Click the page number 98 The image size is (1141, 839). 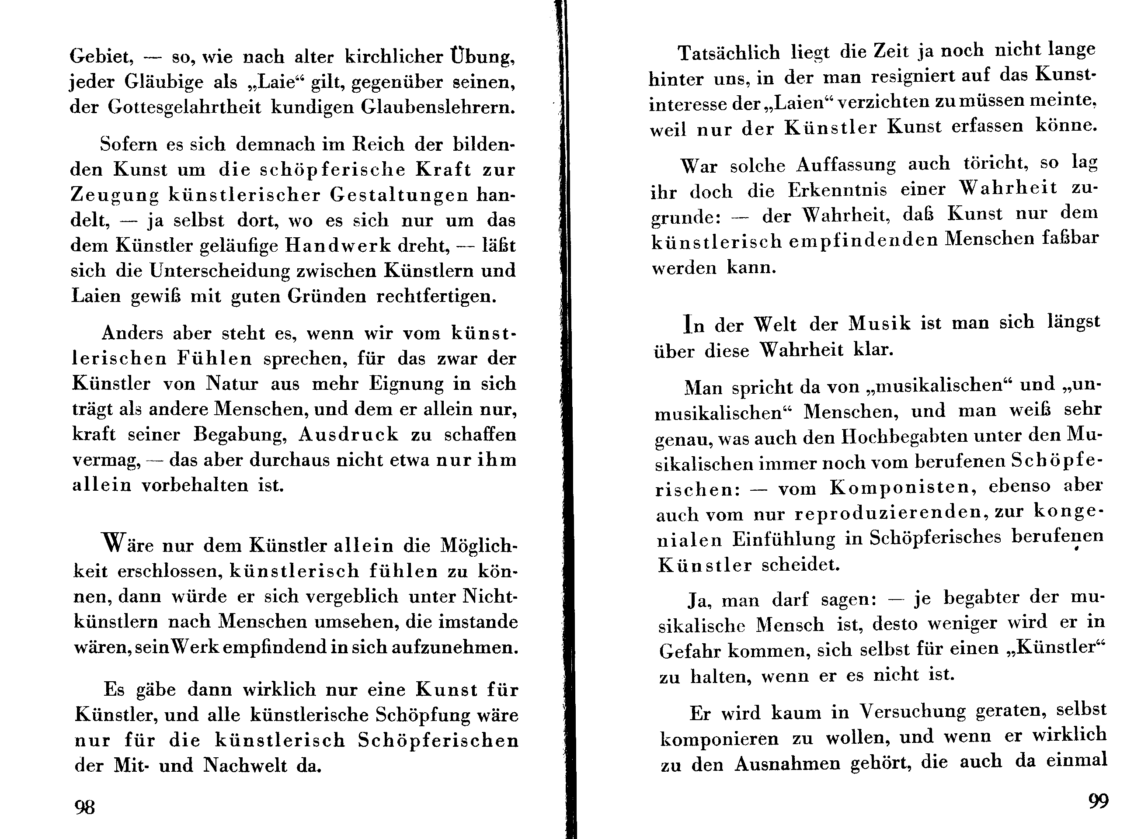coord(85,807)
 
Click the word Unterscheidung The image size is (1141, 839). coord(219,270)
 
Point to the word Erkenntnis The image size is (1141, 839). coord(837,191)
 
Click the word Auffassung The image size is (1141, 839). coord(846,165)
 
